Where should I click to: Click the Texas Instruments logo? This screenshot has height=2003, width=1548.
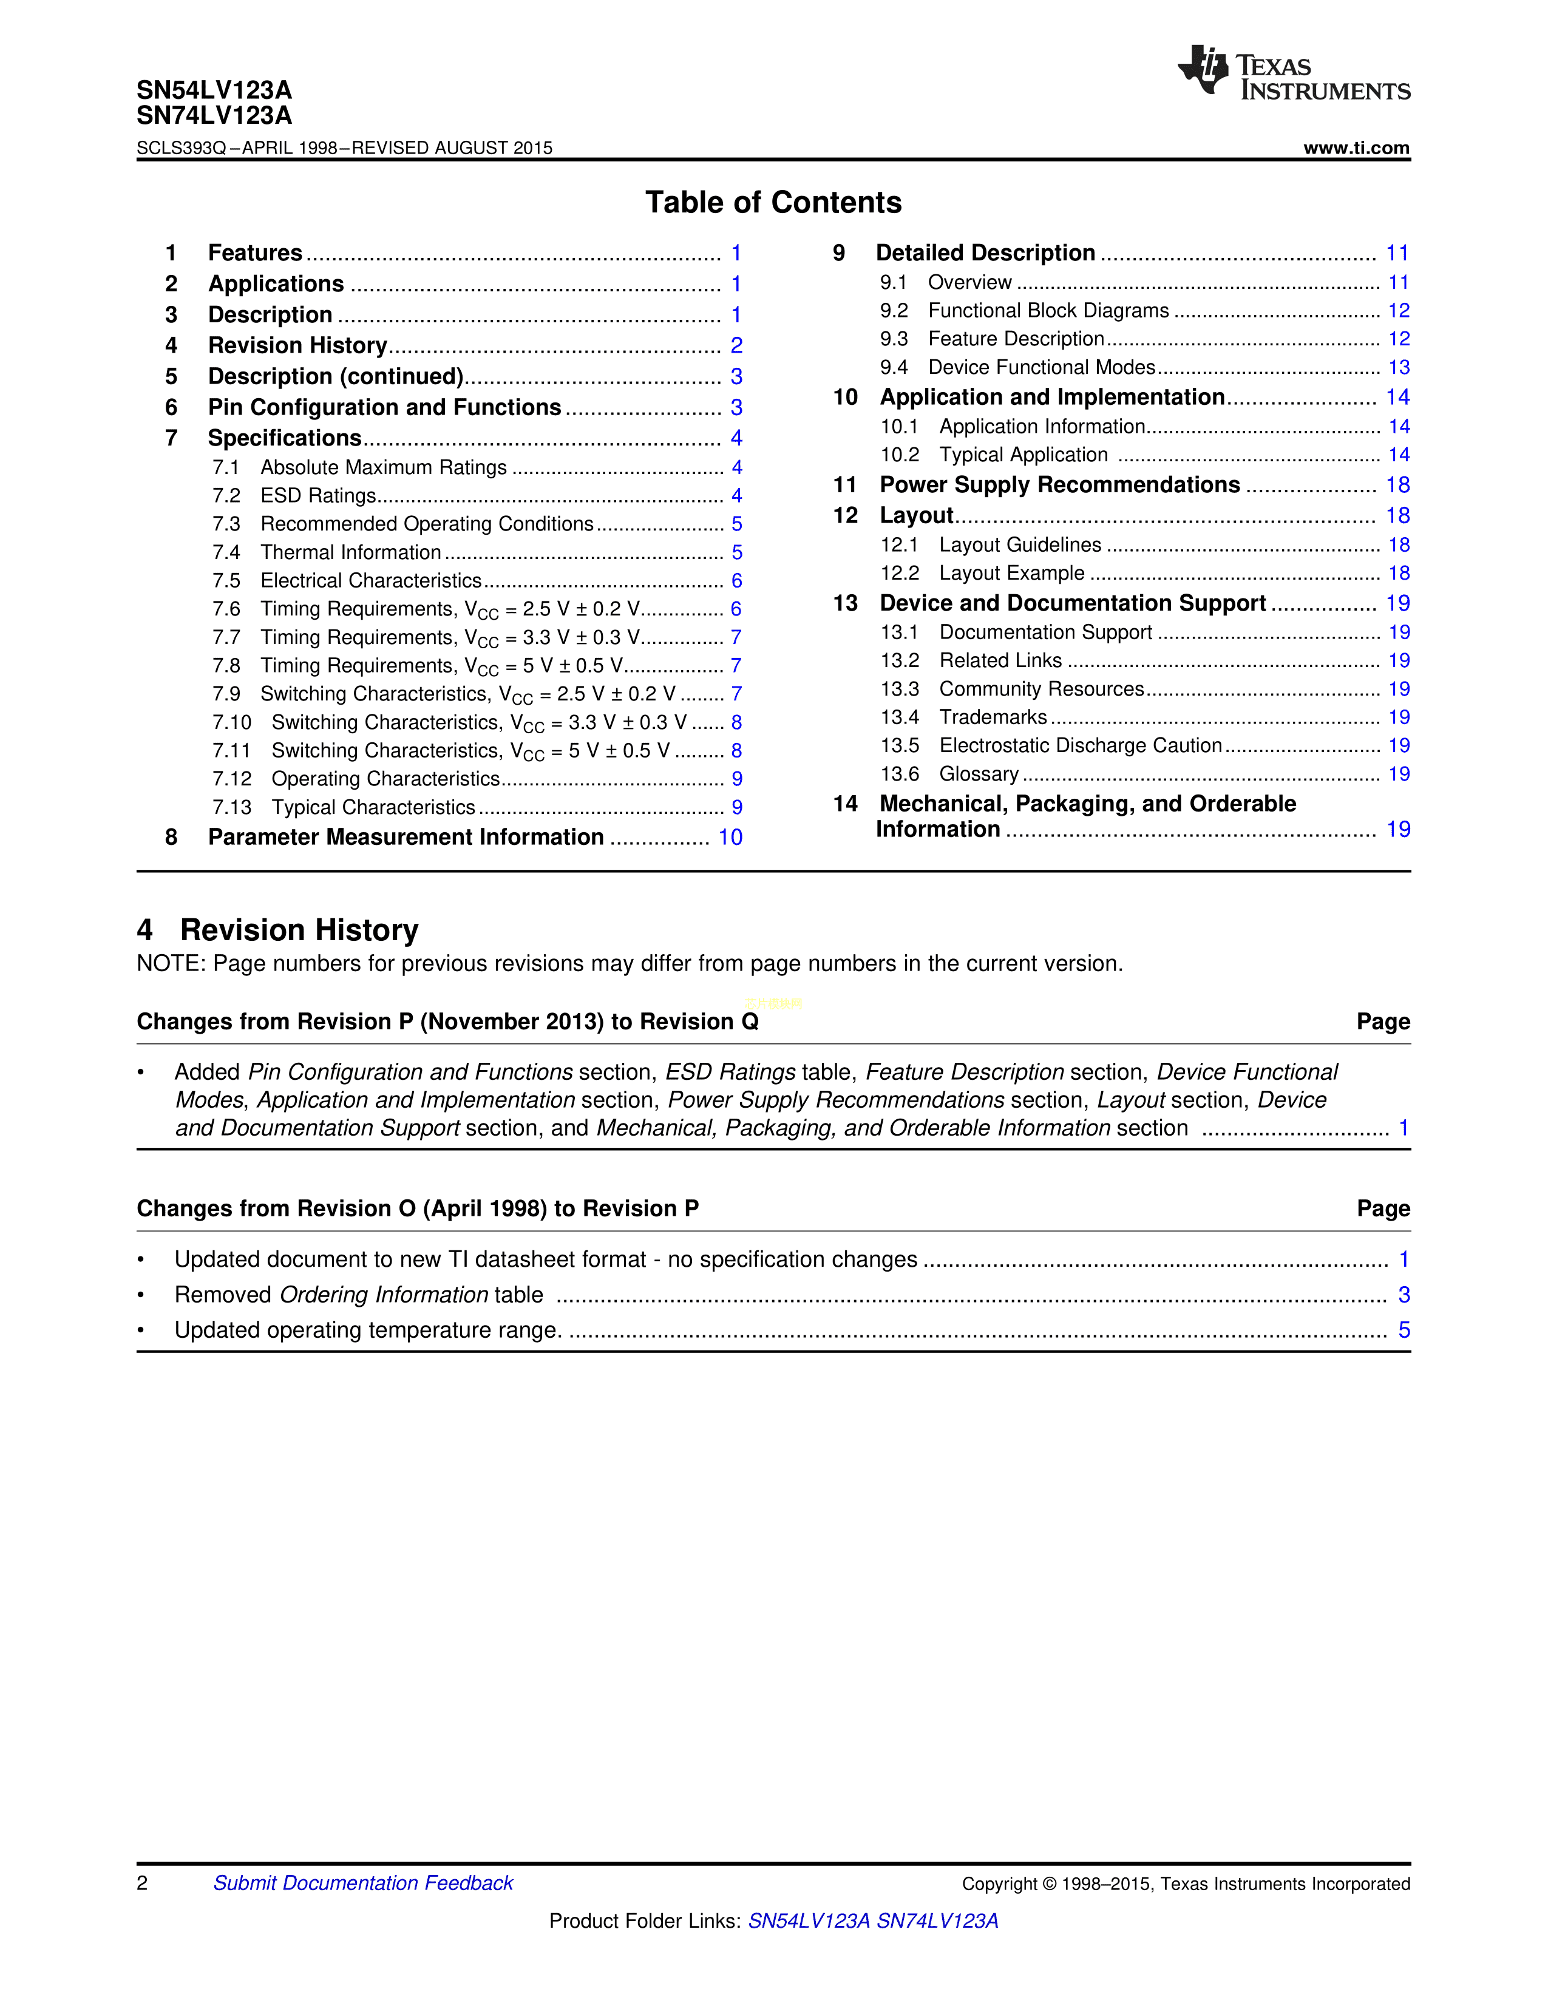pos(1293,72)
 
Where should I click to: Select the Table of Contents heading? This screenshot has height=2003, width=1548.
pos(773,203)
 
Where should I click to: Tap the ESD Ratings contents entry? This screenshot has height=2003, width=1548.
pos(318,496)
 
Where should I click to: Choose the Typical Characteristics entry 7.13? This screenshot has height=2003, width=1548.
pos(373,808)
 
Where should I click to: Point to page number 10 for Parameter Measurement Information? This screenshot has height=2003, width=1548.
pos(730,838)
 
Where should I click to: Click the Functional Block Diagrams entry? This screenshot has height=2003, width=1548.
pos(1048,311)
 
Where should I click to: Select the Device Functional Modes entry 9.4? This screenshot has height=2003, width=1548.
pos(1041,368)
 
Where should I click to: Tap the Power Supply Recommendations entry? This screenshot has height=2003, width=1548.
pos(1059,485)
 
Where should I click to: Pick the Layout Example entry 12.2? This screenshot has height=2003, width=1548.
pos(1011,573)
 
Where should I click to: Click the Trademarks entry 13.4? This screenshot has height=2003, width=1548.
pos(993,717)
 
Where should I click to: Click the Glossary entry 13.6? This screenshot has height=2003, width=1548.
pos(979,774)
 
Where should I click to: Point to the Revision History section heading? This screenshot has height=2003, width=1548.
pos(299,930)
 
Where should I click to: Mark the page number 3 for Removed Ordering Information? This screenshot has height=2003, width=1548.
pos(1403,1295)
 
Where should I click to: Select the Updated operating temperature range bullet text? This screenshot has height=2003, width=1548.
pos(368,1330)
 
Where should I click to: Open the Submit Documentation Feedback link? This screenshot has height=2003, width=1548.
pos(363,1883)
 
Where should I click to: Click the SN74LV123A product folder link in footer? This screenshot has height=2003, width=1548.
pos(937,1920)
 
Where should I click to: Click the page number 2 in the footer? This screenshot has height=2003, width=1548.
pos(142,1883)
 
